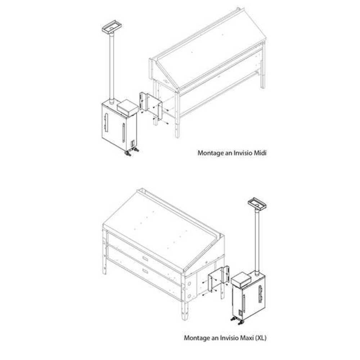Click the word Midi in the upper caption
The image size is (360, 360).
pos(260,153)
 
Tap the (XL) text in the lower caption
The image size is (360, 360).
pos(261,338)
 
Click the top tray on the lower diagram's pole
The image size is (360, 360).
pos(257,204)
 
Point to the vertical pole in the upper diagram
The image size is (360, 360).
pos(112,68)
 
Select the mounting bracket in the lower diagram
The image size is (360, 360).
pos(219,279)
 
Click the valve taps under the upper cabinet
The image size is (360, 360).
pos(131,152)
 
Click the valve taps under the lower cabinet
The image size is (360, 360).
pos(237,320)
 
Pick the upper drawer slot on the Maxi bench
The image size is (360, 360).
pos(145,258)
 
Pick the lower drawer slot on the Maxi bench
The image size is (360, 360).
pos(145,271)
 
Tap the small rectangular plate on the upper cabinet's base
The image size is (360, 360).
pos(132,144)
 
